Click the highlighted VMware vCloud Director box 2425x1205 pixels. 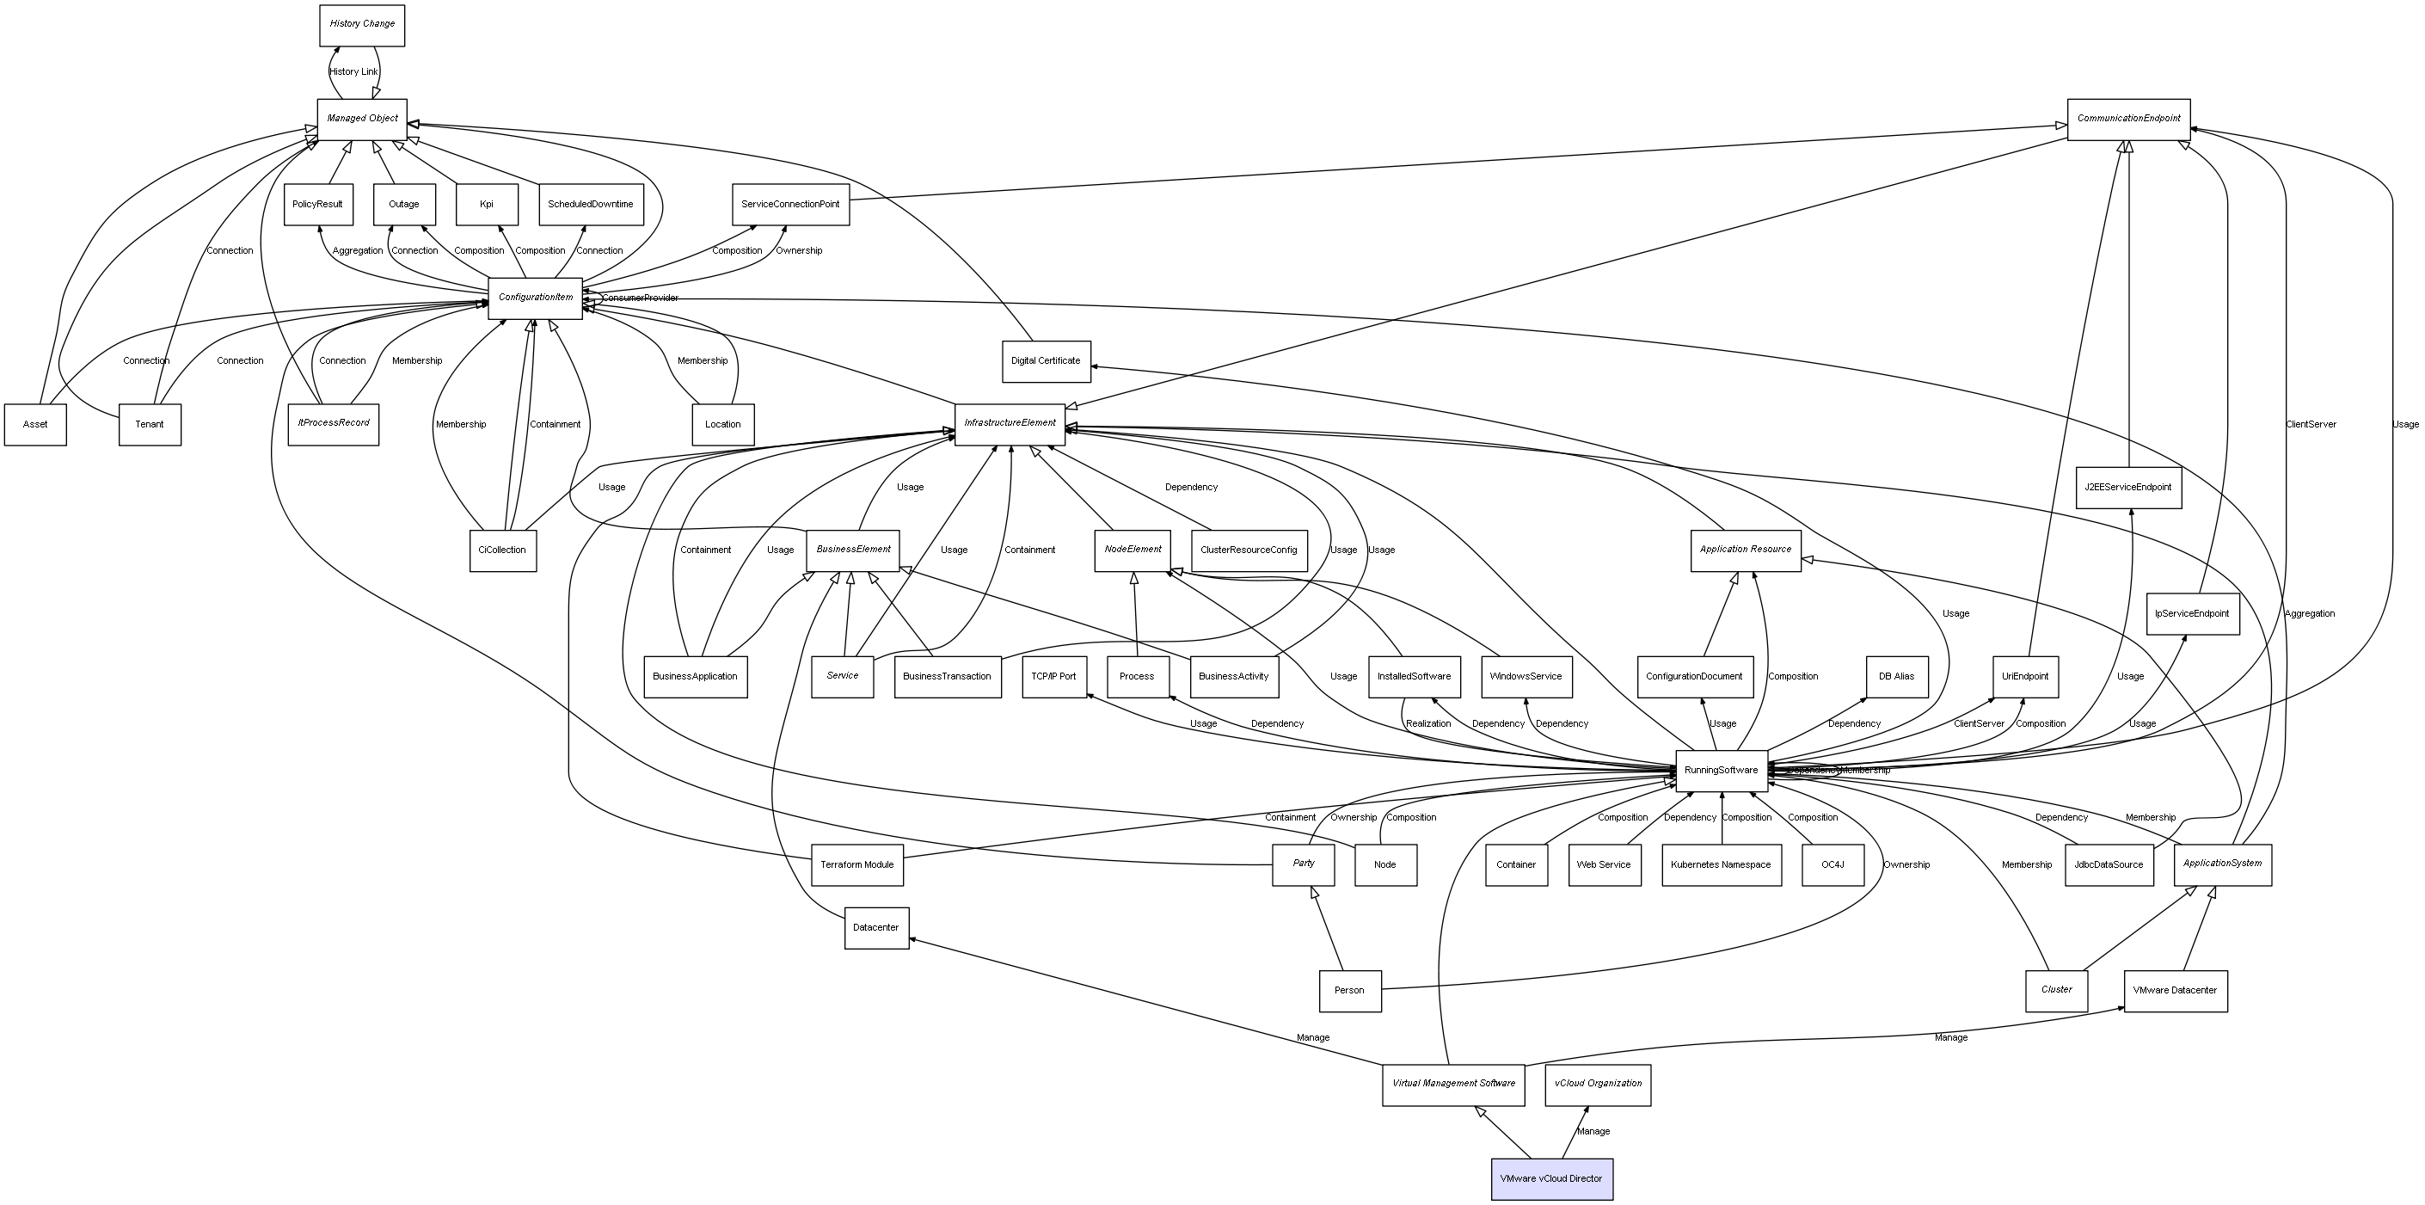coord(1550,1178)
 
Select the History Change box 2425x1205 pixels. coord(361,24)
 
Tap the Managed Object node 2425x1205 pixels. coord(361,119)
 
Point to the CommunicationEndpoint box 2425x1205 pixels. coord(2127,119)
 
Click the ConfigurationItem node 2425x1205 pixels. coord(535,298)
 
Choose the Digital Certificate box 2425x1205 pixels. coord(1045,360)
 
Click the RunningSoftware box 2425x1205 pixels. coord(1721,770)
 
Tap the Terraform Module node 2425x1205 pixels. coord(856,864)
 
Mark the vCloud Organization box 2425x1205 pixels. coord(1598,1084)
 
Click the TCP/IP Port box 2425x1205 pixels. coord(1053,676)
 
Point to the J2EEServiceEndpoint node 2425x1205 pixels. coord(2127,487)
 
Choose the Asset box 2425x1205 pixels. coord(35,424)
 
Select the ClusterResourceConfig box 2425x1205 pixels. coord(1249,550)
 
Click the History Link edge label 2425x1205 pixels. coord(353,71)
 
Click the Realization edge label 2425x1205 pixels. coord(1427,723)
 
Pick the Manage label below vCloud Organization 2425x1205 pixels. coord(1593,1132)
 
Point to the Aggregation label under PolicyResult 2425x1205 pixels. coord(357,250)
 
